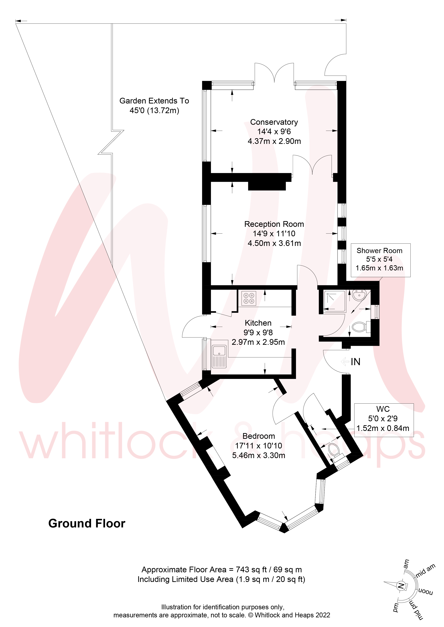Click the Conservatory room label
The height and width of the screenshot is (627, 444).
(274, 122)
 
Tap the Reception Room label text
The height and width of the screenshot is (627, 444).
(274, 224)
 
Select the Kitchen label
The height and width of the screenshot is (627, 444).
(258, 323)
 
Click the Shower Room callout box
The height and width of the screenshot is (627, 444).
(380, 260)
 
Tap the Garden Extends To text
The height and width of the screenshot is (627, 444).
(154, 101)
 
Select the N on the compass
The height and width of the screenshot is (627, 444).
(401, 586)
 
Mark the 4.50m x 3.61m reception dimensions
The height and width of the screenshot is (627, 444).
(274, 243)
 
